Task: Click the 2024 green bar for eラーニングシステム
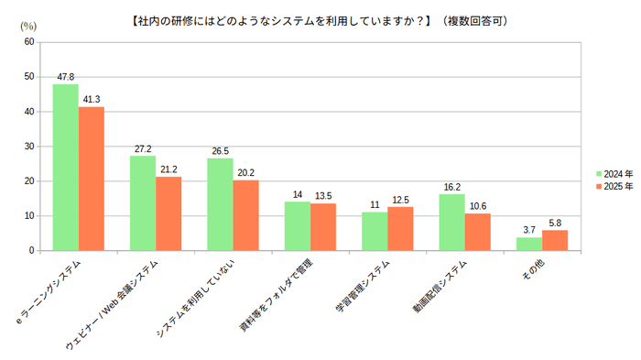pyautogui.click(x=65, y=167)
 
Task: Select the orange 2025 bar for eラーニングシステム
pyautogui.click(x=91, y=179)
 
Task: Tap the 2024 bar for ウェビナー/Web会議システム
pyautogui.click(x=143, y=202)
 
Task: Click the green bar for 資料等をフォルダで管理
pyautogui.click(x=297, y=225)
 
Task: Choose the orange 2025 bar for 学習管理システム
pyautogui.click(x=400, y=228)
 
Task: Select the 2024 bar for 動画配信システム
pyautogui.click(x=451, y=222)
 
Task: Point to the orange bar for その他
pyautogui.click(x=555, y=240)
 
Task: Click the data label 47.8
pyautogui.click(x=65, y=77)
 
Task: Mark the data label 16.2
pyautogui.click(x=451, y=187)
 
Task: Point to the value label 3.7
pyautogui.click(x=529, y=230)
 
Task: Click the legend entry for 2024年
pyautogui.click(x=614, y=172)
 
